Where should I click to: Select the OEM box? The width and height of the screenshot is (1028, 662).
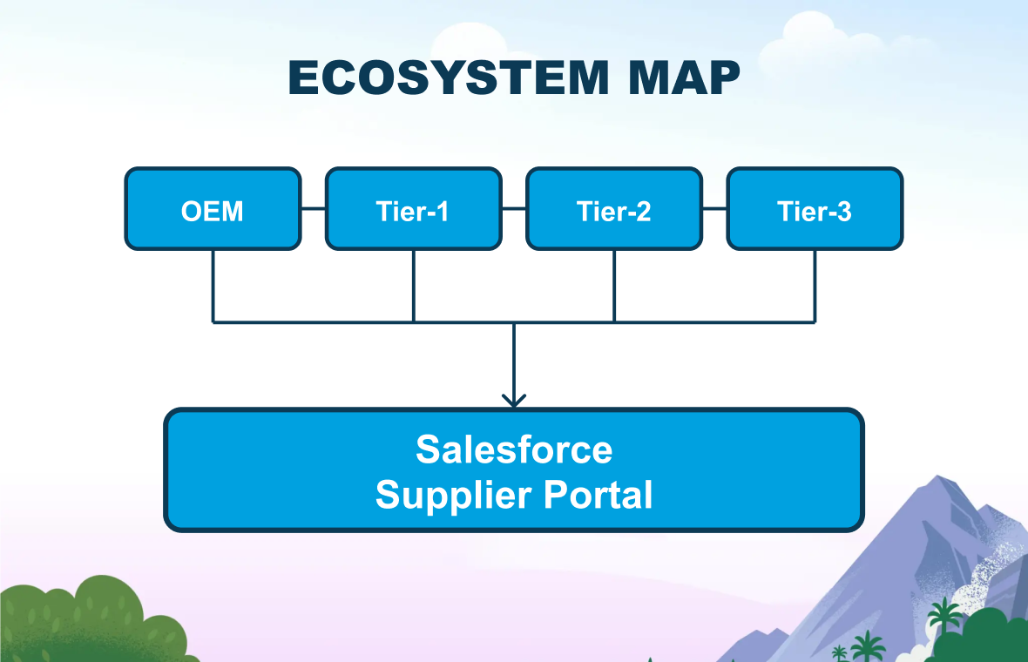pos(213,210)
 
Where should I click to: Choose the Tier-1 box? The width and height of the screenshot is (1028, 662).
pos(413,210)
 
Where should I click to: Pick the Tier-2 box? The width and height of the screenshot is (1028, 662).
pos(614,210)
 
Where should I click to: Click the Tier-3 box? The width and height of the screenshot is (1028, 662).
pos(815,210)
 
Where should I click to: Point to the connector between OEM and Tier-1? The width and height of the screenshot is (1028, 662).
pos(313,209)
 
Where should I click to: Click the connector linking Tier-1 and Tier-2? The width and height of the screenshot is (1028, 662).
pos(514,209)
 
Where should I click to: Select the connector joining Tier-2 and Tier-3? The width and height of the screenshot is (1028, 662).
pos(714,209)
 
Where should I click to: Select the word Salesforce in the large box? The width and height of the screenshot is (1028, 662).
pos(514,449)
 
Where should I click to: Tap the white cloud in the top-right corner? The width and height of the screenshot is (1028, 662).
pos(828,35)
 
